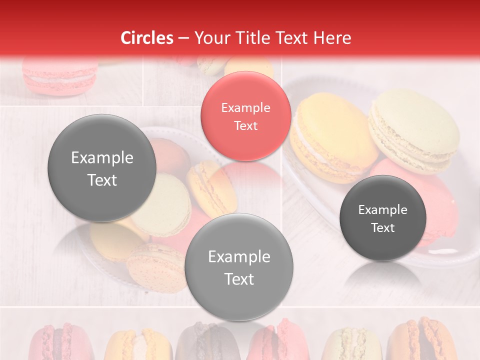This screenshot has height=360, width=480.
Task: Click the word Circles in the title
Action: click(x=147, y=38)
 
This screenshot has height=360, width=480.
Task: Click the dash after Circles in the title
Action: click(x=183, y=38)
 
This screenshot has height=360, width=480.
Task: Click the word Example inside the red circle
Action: click(x=245, y=107)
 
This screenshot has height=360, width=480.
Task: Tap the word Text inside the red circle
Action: click(x=245, y=125)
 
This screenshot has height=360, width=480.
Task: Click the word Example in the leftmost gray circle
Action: click(x=102, y=158)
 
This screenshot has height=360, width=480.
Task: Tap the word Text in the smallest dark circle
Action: click(x=383, y=228)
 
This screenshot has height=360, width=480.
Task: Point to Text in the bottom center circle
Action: click(x=239, y=279)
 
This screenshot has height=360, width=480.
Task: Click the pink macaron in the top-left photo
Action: click(x=60, y=75)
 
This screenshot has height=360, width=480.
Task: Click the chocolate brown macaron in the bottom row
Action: click(x=202, y=342)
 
